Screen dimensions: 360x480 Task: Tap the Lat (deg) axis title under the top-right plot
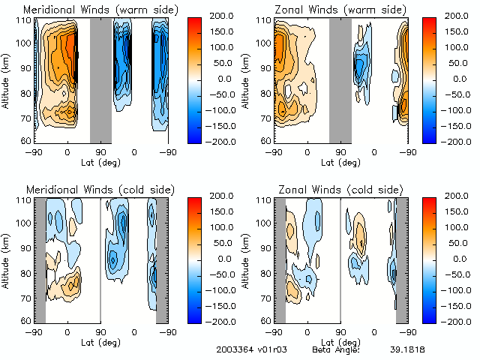pos(340,162)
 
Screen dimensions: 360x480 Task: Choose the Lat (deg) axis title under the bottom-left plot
pos(100,342)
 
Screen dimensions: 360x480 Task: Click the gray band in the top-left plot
pos(100,79)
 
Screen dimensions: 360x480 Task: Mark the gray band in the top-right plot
pos(340,79)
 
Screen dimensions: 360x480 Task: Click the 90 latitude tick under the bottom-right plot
pos(340,331)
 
